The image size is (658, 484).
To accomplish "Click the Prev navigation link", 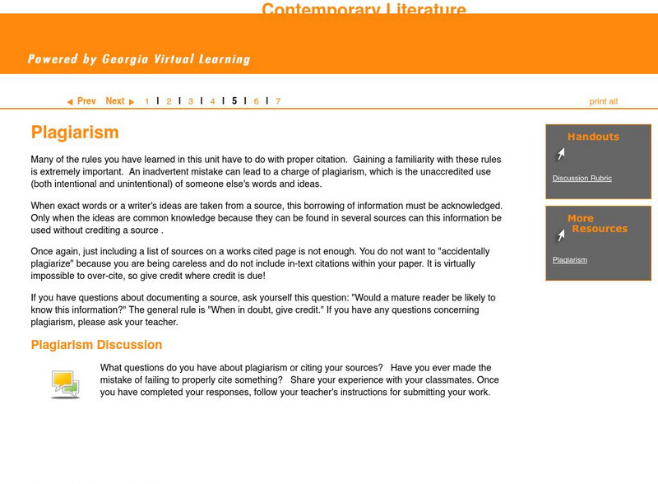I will point(86,101).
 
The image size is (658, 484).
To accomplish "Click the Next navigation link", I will point(115,101).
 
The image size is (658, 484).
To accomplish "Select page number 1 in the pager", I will point(147,102).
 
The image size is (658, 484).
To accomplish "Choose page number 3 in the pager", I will point(191,102).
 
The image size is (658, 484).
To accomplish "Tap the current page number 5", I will point(234,101).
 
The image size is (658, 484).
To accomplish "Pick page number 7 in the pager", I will point(278,102).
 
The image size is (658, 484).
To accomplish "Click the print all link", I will point(603,102).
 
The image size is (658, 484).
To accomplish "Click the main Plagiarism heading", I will point(75,133).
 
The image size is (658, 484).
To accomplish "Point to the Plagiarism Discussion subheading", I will point(96,345).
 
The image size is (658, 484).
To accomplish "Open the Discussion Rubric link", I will point(582,179).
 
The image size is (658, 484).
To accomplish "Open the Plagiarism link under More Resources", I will point(569,260).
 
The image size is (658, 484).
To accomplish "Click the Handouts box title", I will point(593,137).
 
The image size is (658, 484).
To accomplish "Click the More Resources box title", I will point(598,224).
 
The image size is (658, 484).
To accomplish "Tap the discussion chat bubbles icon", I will point(65,384).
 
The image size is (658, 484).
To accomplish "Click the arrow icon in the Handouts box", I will point(560,155).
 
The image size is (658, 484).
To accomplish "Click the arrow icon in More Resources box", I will point(560,237).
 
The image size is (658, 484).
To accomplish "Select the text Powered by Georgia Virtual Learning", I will point(138,59).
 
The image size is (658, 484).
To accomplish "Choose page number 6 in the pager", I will point(256,102).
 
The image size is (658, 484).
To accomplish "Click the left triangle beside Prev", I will point(70,102).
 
